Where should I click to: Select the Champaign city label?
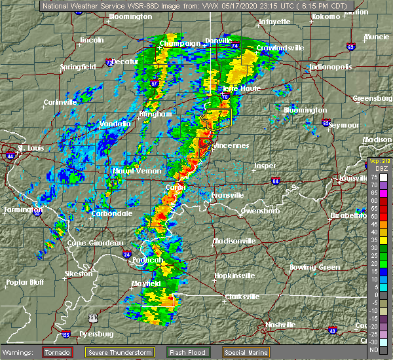pyautogui.click(x=180, y=44)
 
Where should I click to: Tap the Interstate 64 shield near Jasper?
pyautogui.click(x=275, y=181)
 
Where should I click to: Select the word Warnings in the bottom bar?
pyautogui.click(x=20, y=351)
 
